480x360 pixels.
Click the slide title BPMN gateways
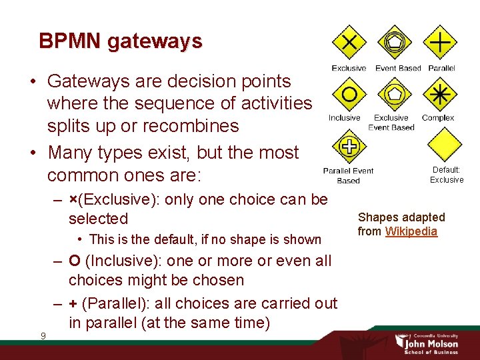coord(120,41)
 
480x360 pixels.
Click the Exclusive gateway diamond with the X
coord(349,43)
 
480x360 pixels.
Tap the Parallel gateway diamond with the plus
coord(440,43)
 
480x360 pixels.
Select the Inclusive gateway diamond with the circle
coord(348,93)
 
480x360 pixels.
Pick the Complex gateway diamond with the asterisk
coord(439,94)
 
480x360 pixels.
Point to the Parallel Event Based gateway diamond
coord(347,146)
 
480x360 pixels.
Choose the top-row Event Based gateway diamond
coord(395,43)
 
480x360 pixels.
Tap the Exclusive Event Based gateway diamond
coord(395,93)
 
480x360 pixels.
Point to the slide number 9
coord(43,335)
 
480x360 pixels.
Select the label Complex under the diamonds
coord(439,118)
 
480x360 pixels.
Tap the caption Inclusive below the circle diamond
coord(344,118)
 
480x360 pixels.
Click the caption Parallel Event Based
coord(348,175)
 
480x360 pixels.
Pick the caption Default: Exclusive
coord(446,175)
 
